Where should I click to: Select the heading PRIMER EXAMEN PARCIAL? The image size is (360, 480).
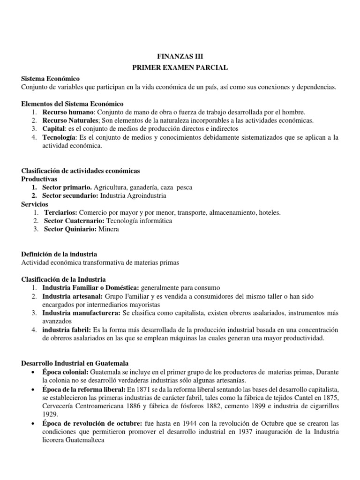click(180, 67)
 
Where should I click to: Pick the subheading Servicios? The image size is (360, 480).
click(35, 204)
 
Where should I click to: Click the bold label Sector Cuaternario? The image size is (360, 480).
click(74, 220)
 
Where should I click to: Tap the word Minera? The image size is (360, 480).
click(109, 229)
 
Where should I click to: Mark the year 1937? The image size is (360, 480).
click(250, 432)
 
